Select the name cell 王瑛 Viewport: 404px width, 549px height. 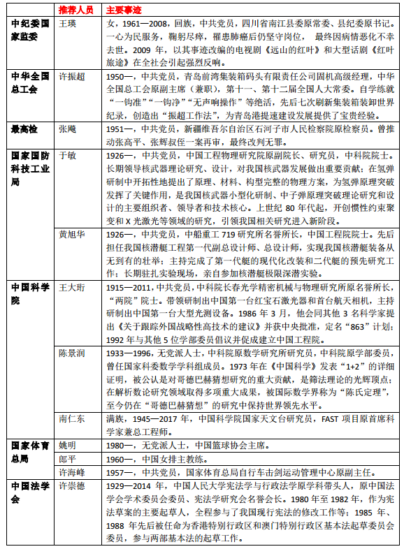pos(68,24)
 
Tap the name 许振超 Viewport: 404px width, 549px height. pos(72,75)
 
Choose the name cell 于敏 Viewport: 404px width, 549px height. pos(68,154)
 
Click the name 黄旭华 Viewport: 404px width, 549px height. pos(72,234)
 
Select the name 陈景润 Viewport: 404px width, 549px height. pos(72,352)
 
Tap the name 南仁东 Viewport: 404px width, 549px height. pos(72,418)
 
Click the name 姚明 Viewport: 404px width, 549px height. pos(68,445)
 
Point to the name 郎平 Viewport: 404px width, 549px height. pos(68,458)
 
